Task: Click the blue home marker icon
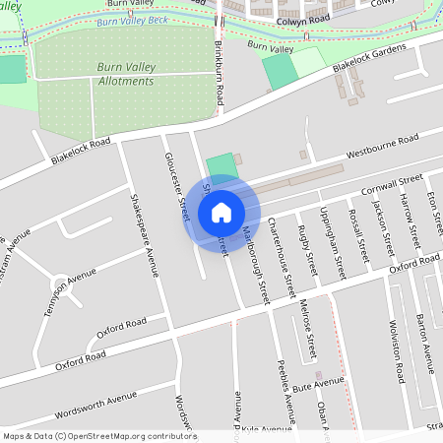point(221,212)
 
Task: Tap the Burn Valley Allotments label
point(126,74)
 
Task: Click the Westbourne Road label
point(383,147)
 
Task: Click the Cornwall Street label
point(392,184)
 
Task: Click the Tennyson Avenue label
point(75,285)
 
